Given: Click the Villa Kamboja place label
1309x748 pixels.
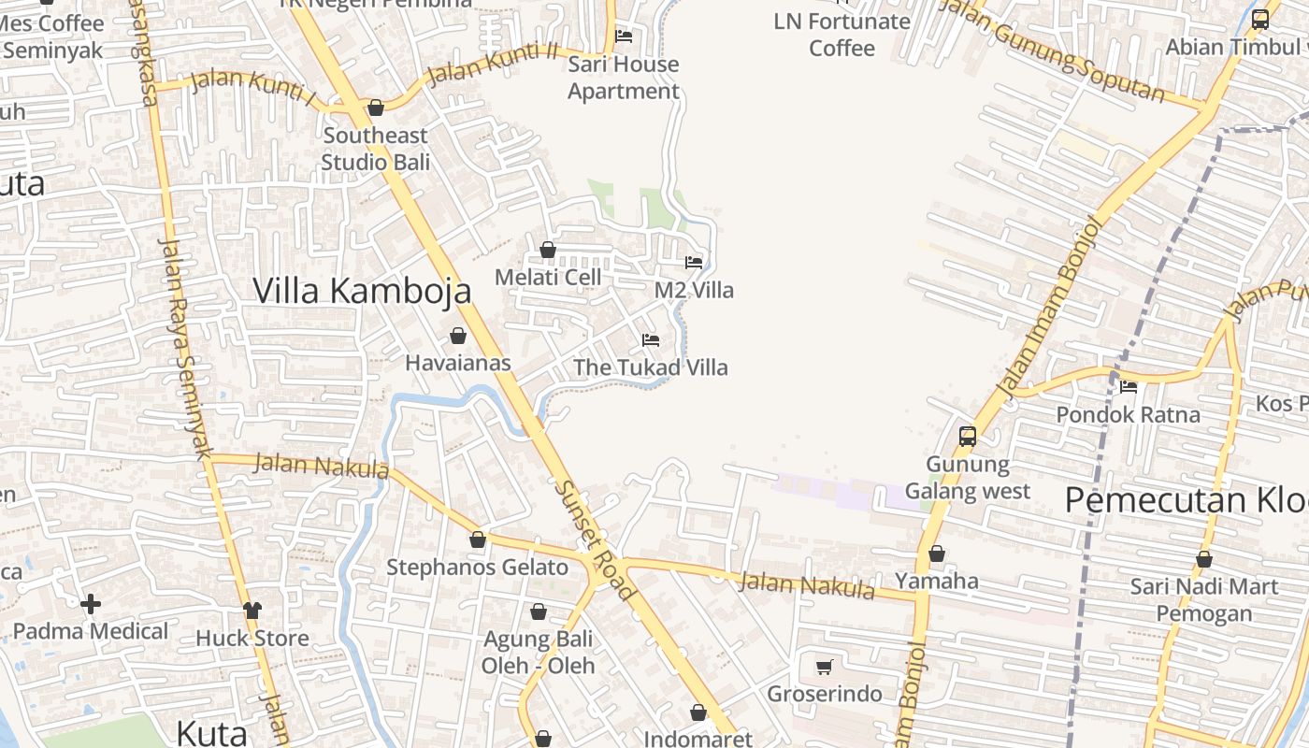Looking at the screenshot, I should (362, 291).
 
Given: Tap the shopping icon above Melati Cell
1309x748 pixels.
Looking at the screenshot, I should (548, 250).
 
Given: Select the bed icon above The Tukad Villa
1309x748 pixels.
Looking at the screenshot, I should (651, 339).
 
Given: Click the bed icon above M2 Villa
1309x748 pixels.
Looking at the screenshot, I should (694, 262).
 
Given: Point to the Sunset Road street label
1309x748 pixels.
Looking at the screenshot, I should (596, 539).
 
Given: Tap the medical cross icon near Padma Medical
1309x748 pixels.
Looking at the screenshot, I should (91, 604).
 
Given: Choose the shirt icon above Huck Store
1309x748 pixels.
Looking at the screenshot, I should (252, 611).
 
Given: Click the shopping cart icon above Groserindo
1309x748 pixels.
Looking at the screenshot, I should (824, 667).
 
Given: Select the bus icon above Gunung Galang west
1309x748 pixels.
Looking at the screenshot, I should (967, 436).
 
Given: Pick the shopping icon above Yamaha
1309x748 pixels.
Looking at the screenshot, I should (936, 554).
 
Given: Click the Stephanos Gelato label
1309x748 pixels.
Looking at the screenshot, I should (477, 568).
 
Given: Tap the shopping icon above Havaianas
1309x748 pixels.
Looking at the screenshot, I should (458, 336).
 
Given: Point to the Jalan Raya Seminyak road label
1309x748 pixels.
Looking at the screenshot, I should (186, 348).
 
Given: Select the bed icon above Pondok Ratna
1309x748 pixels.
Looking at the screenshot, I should (1129, 387).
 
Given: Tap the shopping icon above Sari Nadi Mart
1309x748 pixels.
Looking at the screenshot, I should (1204, 559).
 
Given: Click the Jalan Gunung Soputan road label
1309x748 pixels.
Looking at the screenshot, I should (1052, 50).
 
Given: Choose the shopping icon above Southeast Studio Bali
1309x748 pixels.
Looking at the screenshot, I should (376, 108).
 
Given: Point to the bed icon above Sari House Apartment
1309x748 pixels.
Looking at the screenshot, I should (624, 36).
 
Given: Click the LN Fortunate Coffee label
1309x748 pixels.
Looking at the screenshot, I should (841, 35).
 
